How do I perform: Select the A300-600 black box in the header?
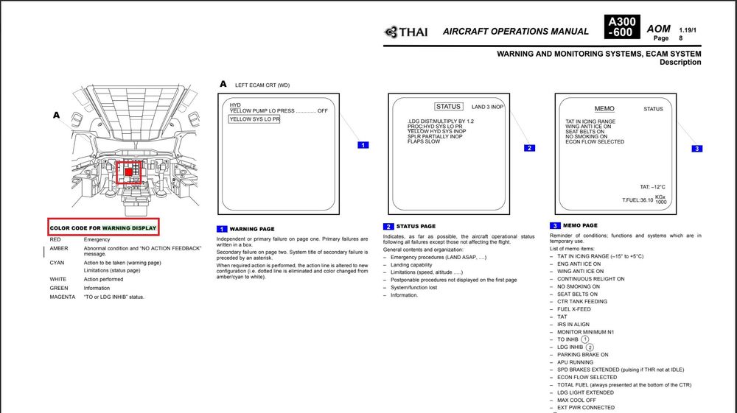621,27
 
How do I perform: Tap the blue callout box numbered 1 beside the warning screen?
362,145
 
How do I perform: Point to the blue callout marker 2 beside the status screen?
529,148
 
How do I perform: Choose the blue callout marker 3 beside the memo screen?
697,149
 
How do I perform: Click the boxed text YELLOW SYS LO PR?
254,119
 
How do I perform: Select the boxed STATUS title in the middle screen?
447,107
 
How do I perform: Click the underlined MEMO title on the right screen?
604,109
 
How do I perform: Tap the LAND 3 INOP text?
488,107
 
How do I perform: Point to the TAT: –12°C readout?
652,187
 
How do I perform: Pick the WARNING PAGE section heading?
252,229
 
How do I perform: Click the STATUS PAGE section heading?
416,226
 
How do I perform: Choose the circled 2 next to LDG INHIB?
590,347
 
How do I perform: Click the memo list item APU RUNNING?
575,362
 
